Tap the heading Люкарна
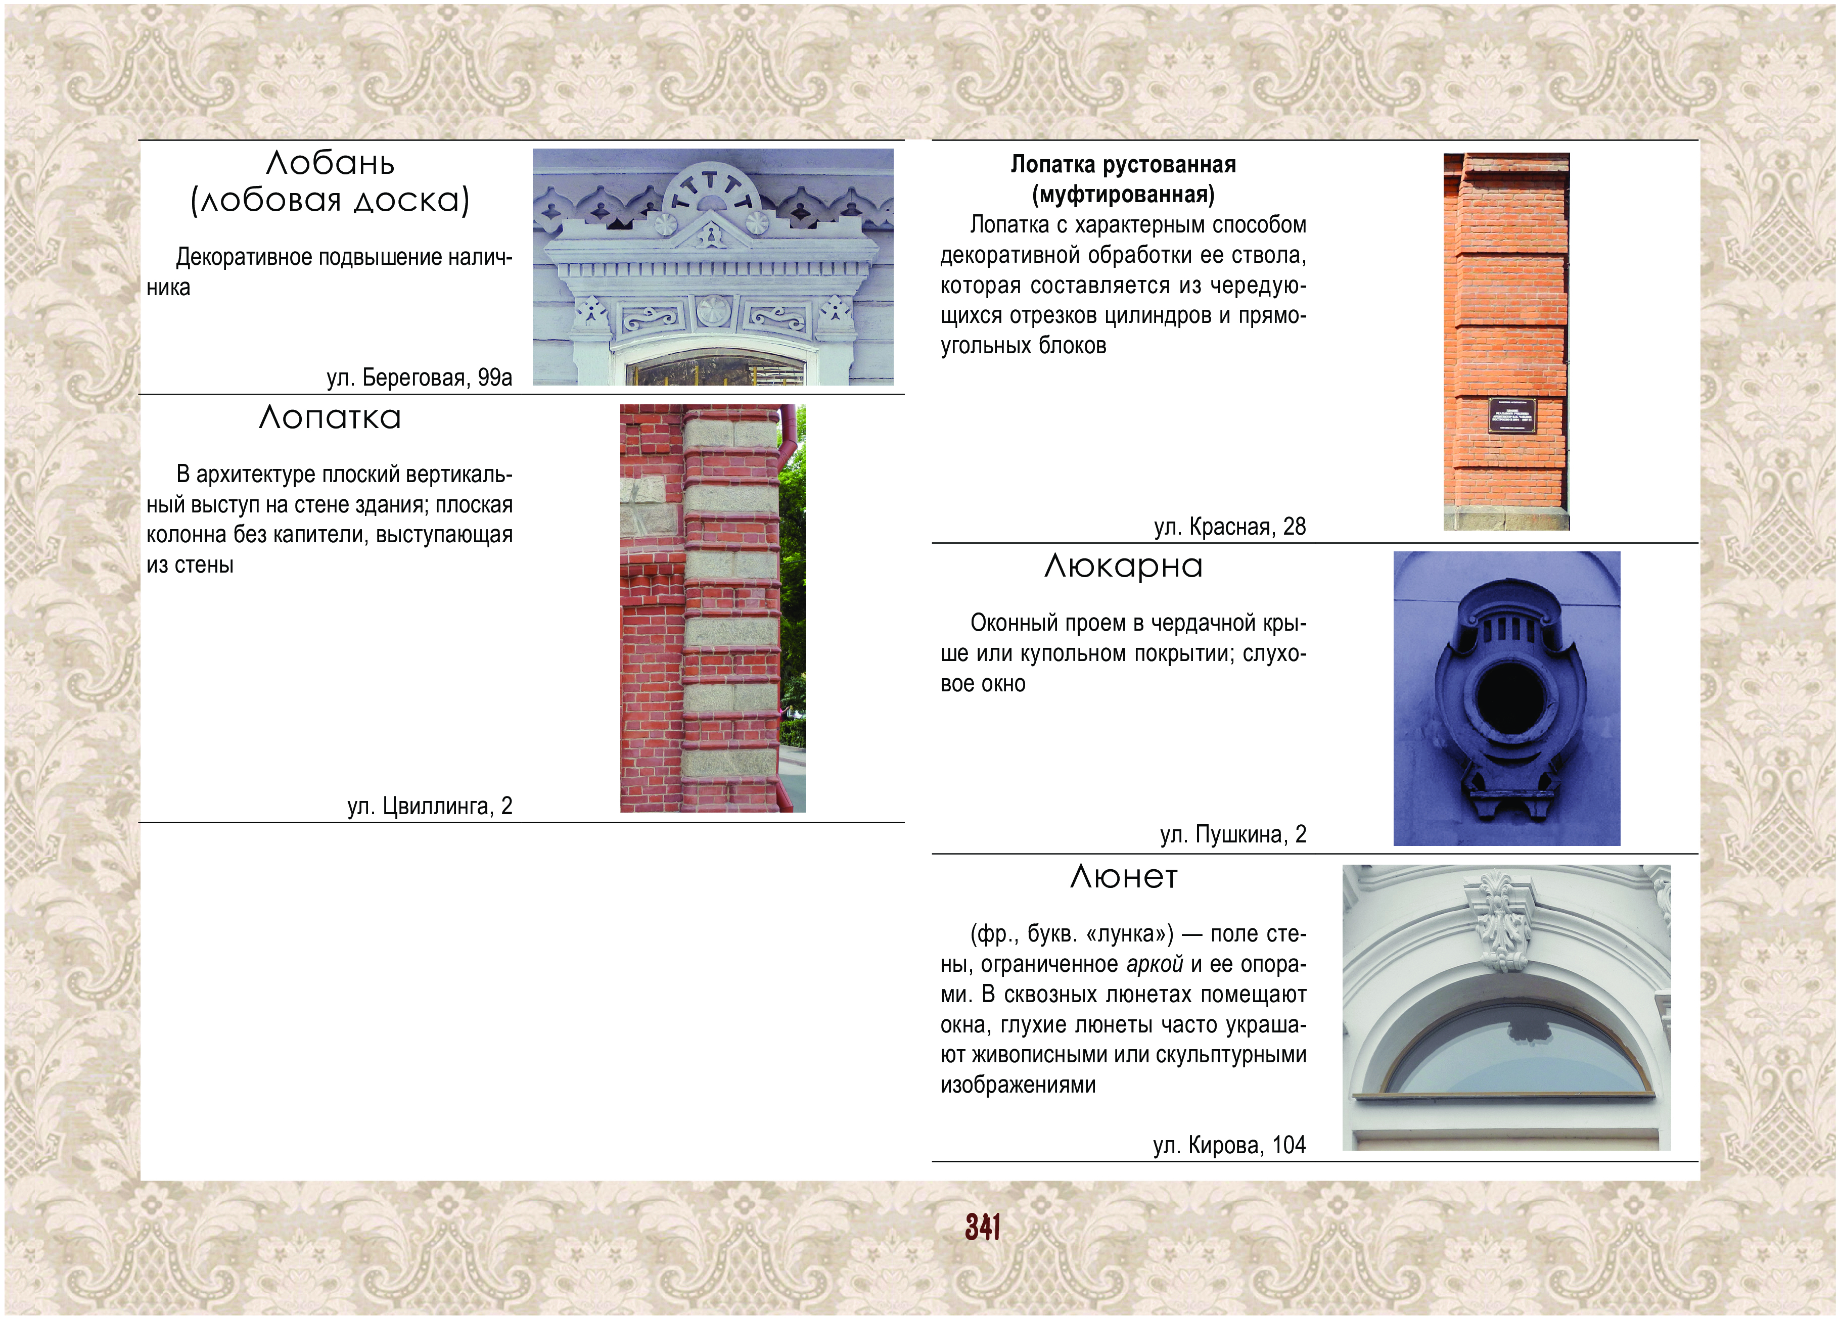pos(1124,566)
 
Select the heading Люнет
pos(1124,876)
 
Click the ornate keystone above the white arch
pos(1502,921)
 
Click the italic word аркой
pos(1155,965)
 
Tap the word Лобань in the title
pos(330,163)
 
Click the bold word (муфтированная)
pos(1124,195)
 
